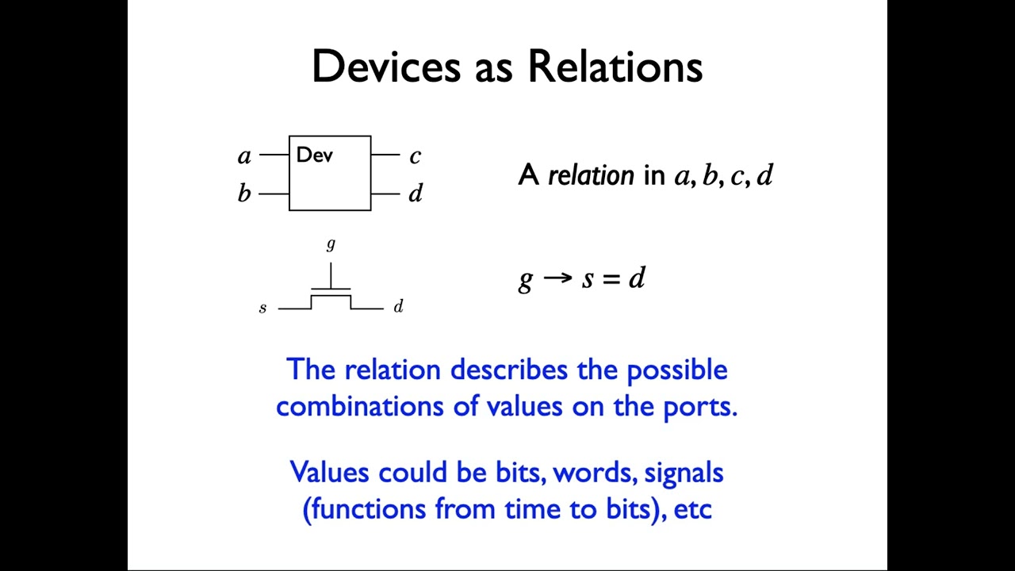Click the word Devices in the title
point(385,67)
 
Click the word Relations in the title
point(615,67)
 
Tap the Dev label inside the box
point(314,155)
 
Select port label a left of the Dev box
point(244,156)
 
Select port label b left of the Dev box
point(244,193)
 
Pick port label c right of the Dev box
point(415,156)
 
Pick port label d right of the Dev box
point(416,193)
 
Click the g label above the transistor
point(331,245)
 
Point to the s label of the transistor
point(262,308)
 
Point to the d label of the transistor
point(398,306)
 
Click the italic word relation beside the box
point(591,175)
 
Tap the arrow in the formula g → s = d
point(557,278)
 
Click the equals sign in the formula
point(611,278)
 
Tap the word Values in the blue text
point(331,472)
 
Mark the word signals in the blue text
point(684,473)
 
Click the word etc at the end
point(692,508)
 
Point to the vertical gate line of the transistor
point(331,274)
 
